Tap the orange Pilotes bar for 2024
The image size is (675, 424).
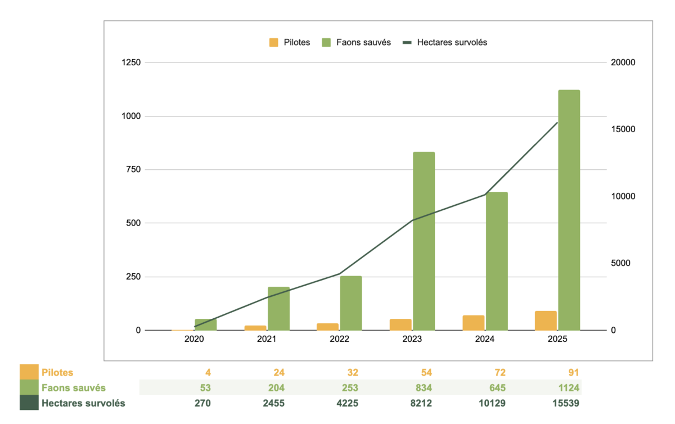coord(474,323)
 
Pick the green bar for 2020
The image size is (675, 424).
coord(205,324)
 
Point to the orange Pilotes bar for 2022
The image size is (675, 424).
coord(327,327)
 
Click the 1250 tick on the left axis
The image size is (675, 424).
coord(131,62)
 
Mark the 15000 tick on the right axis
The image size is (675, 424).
coord(623,129)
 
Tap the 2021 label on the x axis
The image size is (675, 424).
coord(267,340)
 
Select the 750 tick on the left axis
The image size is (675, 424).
coord(134,170)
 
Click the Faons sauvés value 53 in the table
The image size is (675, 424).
coord(205,388)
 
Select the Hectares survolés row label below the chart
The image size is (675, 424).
coord(83,403)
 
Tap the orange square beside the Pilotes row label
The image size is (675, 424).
coord(29,372)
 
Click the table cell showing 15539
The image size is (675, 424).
coord(566,403)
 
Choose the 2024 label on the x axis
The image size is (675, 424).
coord(484,340)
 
